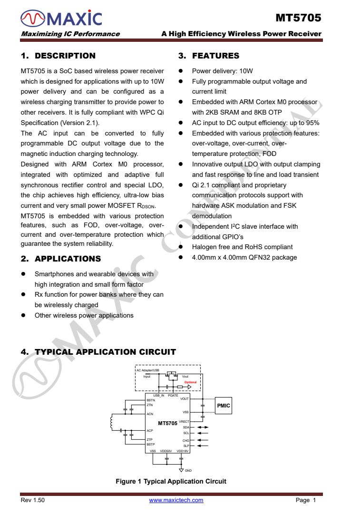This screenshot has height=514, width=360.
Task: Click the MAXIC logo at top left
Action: click(61, 19)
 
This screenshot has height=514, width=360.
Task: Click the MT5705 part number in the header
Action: click(298, 18)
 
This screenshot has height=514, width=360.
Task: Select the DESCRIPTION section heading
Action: click(58, 56)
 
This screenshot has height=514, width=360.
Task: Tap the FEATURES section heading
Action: click(209, 56)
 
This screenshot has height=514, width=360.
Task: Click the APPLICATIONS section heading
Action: click(61, 259)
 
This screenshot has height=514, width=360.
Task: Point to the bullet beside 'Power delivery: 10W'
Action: click(181, 71)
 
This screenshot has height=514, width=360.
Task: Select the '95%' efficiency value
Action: click(311, 123)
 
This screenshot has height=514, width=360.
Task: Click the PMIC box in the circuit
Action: click(224, 406)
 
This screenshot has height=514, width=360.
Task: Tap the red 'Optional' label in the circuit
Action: click(190, 382)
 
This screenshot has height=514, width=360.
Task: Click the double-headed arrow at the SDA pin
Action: click(203, 427)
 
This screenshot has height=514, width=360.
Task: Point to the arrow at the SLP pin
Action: click(203, 446)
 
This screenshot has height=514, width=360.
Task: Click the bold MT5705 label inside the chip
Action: click(167, 423)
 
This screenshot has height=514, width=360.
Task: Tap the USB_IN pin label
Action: click(158, 396)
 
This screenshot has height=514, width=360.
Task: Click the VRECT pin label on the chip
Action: click(184, 422)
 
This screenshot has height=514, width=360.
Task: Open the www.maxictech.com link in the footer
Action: click(176, 500)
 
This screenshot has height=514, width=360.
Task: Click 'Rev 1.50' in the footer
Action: click(33, 500)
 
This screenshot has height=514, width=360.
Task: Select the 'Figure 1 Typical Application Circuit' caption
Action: click(171, 481)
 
